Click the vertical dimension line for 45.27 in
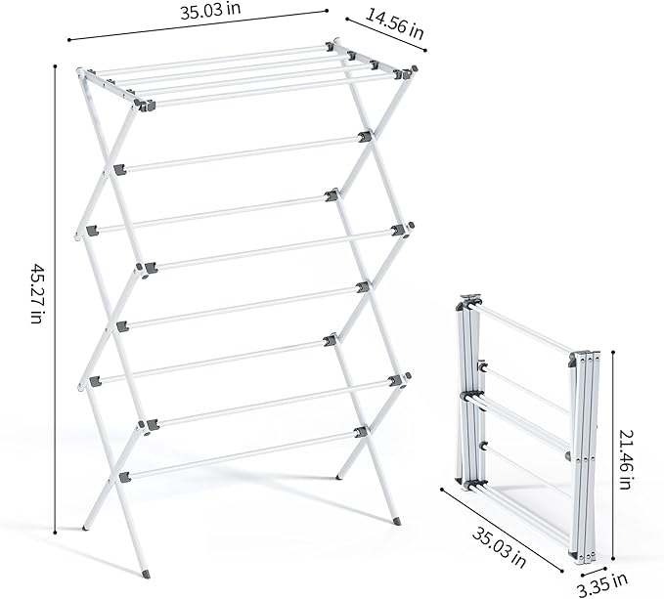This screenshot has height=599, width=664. pos(55,297)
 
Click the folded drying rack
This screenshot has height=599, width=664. pos(523,420)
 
